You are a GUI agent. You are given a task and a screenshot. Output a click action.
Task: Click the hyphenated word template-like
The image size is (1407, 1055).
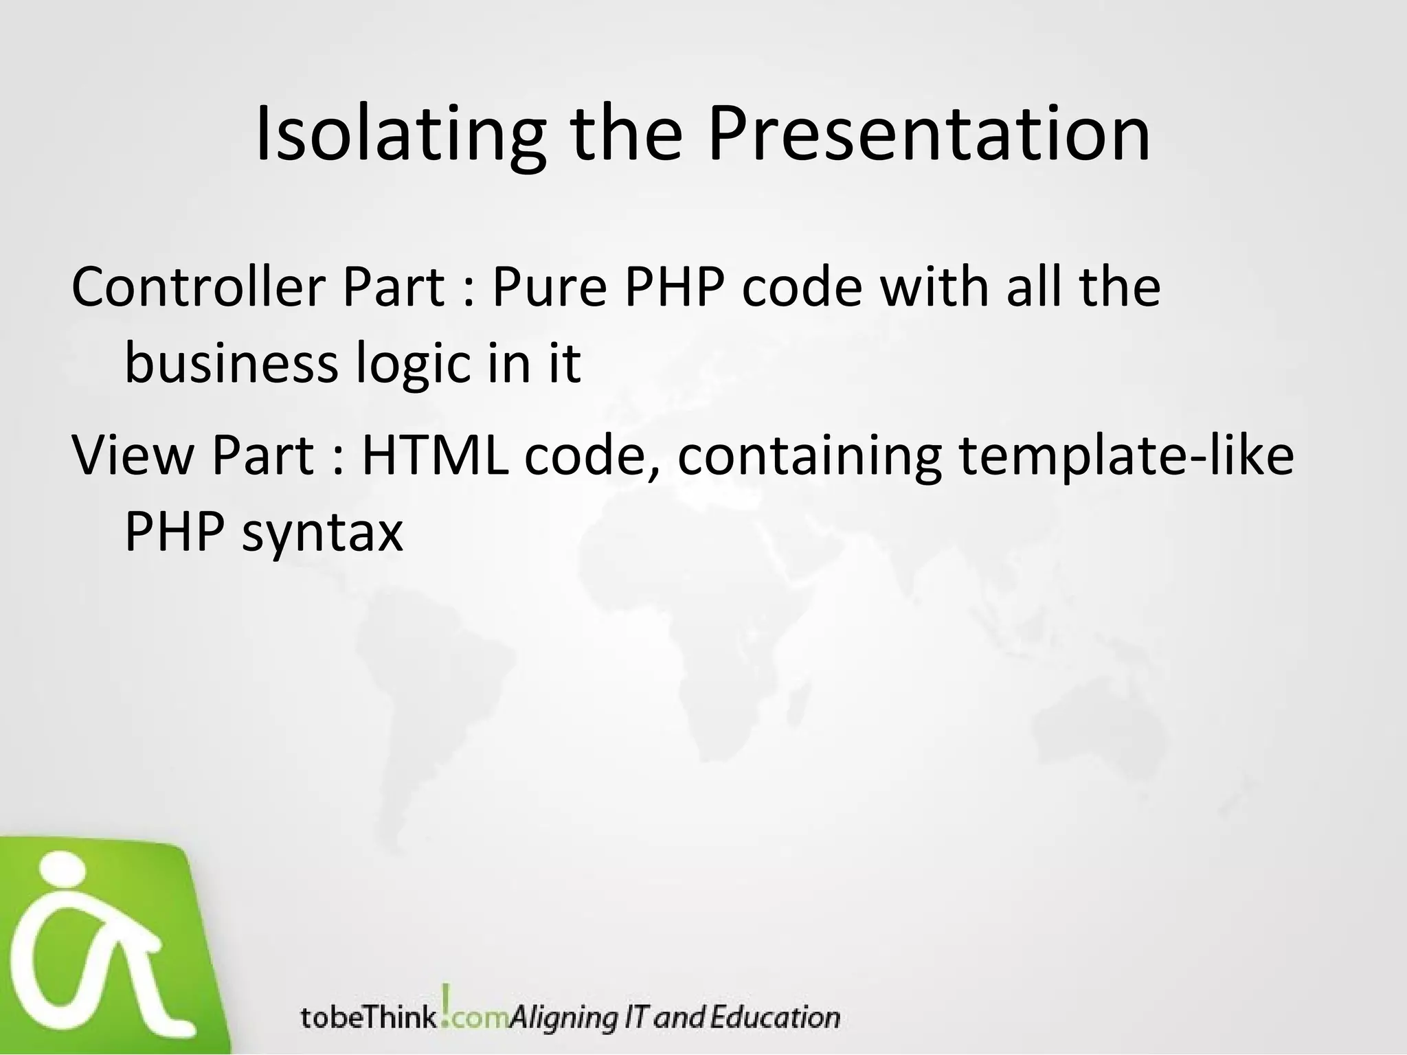point(1125,456)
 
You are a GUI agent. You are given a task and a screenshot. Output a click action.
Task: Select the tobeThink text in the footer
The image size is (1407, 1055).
point(368,1017)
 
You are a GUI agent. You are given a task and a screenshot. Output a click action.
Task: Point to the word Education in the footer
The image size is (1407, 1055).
point(774,1017)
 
